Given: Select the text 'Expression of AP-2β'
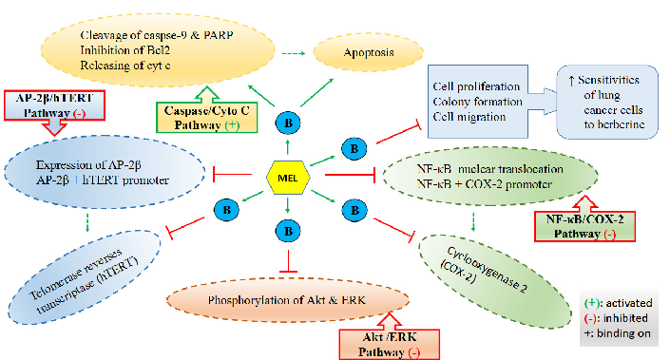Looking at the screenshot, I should click(x=91, y=167).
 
